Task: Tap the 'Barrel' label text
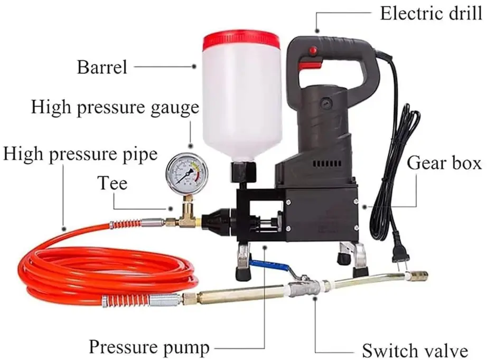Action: pos(102,67)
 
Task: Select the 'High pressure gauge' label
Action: pos(115,107)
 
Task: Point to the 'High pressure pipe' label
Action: pos(80,154)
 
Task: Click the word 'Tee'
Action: pos(112,183)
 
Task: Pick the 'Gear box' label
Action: pos(444,164)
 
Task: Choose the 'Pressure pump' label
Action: pos(148,347)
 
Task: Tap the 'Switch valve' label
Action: pos(415,350)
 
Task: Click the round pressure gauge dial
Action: pos(186,174)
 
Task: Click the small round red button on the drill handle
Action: pos(313,51)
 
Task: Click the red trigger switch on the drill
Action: pos(312,65)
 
